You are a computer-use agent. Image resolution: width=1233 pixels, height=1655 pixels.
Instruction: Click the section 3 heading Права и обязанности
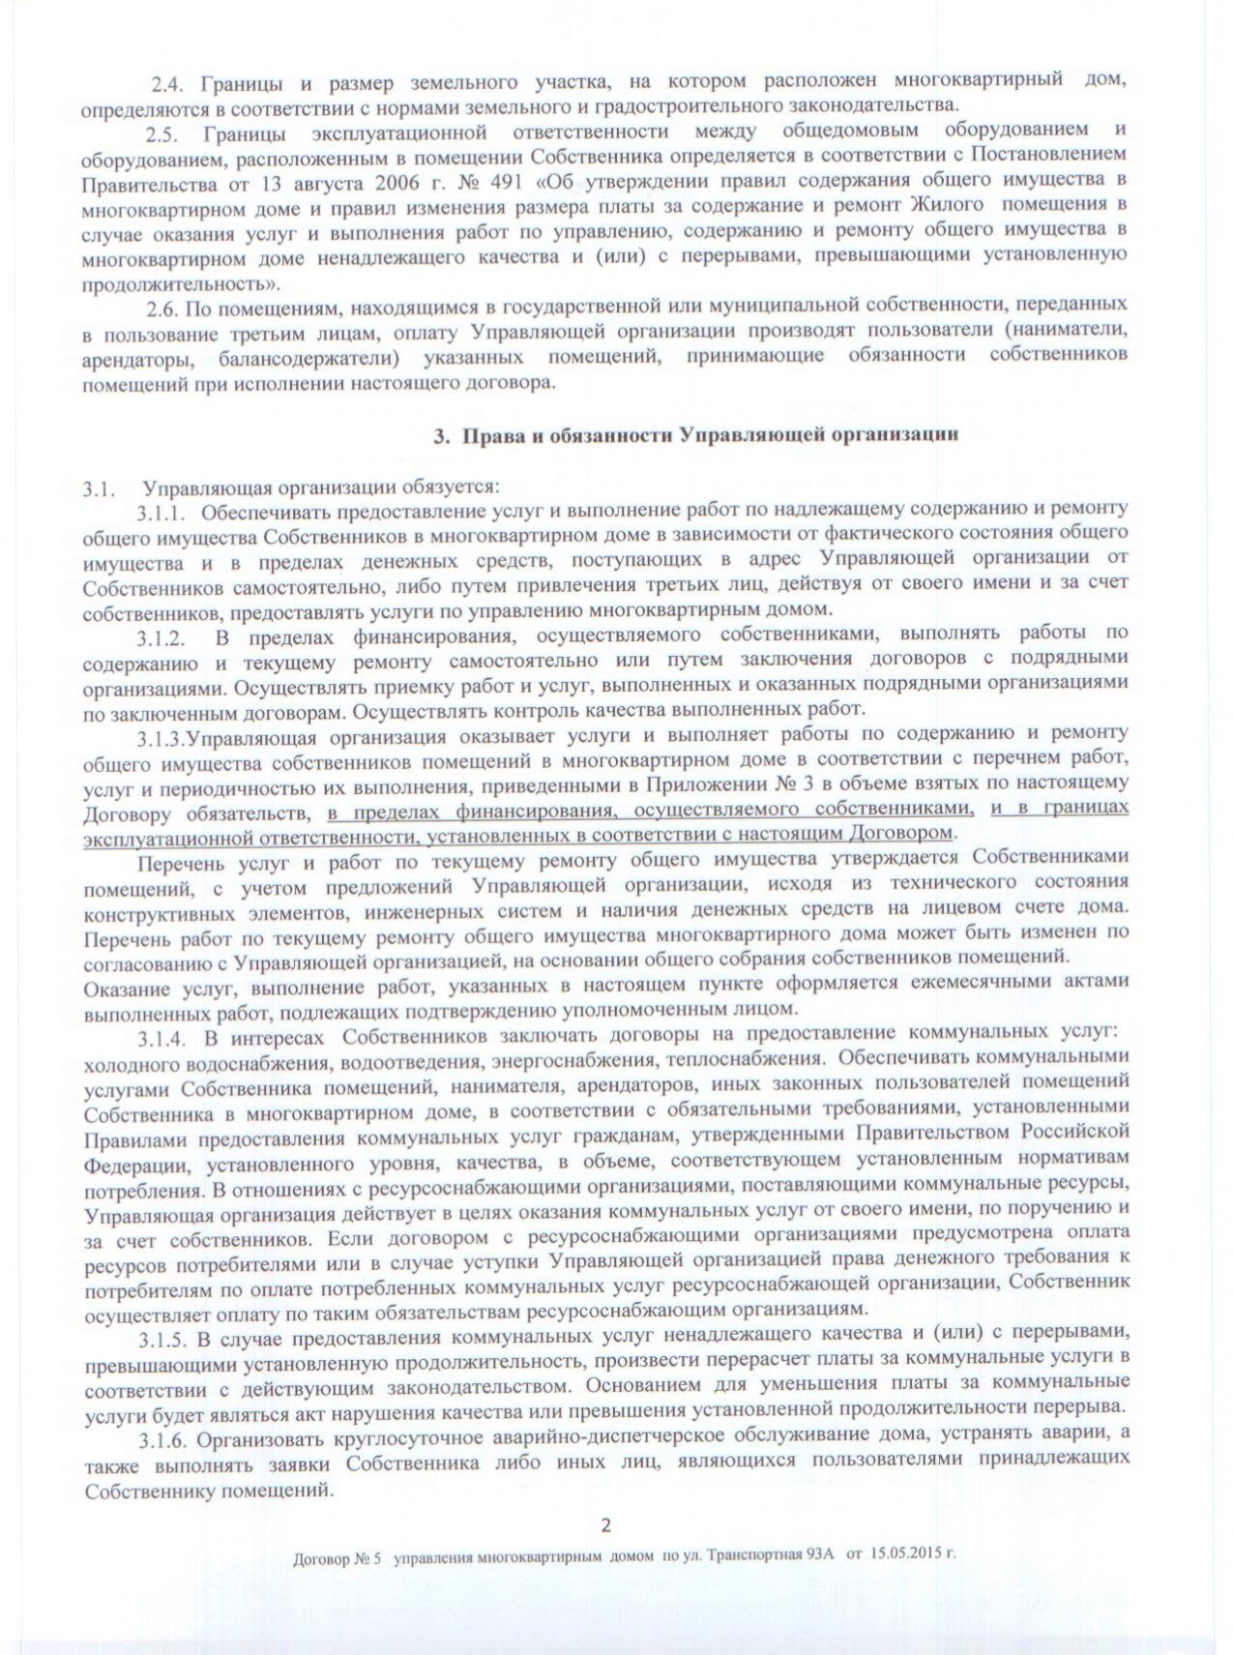[695, 436]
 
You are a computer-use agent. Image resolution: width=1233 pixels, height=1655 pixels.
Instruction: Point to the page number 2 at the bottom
[606, 1527]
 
